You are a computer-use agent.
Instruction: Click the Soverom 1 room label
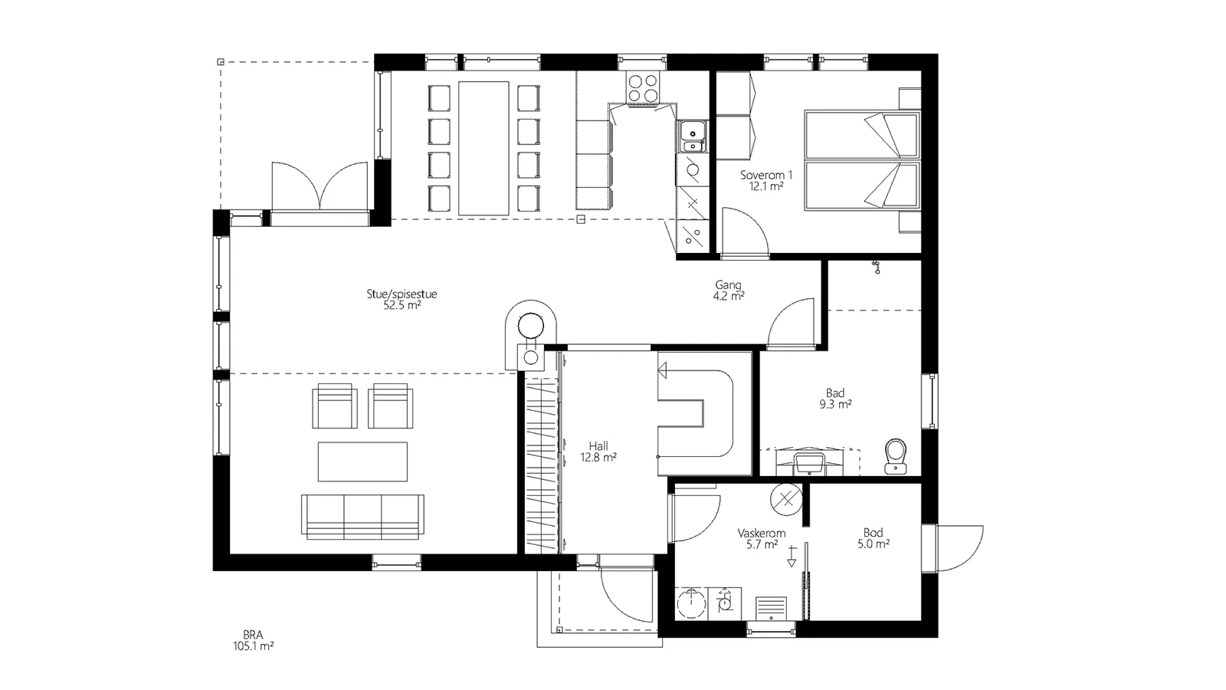[766, 181]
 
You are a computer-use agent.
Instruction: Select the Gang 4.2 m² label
[729, 291]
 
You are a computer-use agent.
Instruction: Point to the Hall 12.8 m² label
[598, 452]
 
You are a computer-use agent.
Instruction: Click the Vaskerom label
[762, 533]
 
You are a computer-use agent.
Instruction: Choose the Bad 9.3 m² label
[835, 399]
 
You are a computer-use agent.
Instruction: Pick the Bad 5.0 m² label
[873, 537]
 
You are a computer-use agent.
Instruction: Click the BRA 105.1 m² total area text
[254, 640]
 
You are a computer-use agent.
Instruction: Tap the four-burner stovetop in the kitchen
[643, 88]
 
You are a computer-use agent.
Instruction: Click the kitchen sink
[693, 136]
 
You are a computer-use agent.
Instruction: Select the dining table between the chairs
[484, 148]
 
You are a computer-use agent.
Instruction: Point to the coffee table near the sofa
[363, 462]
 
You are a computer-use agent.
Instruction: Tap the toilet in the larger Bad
[896, 455]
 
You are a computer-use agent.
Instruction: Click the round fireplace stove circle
[530, 327]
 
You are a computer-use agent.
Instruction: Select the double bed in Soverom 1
[862, 160]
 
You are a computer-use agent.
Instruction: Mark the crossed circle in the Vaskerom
[786, 499]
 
